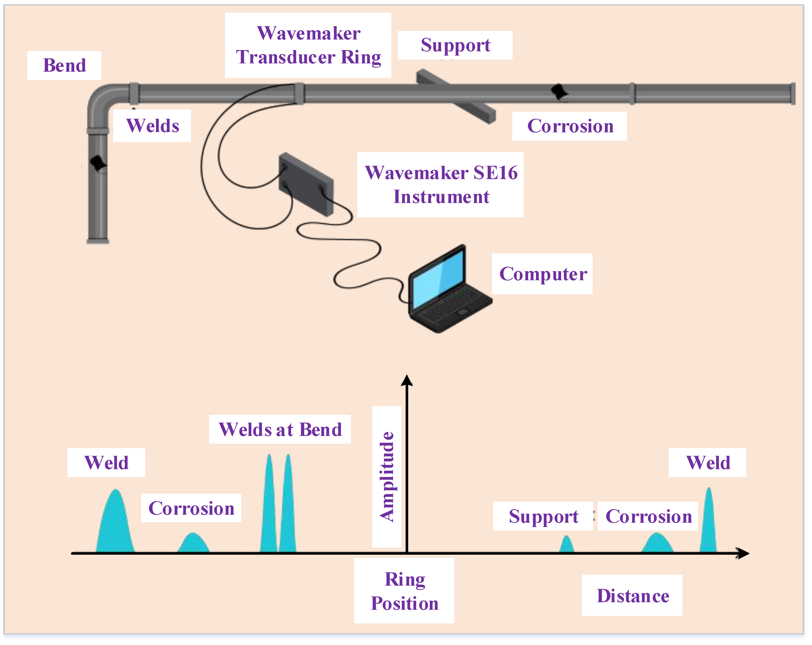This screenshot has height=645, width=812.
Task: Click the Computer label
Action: [x=542, y=274]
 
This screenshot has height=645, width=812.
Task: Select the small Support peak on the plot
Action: [x=566, y=545]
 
